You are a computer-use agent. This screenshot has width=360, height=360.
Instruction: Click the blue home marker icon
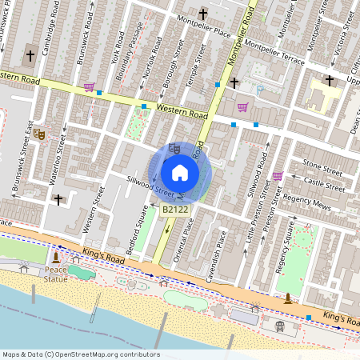pos(180,172)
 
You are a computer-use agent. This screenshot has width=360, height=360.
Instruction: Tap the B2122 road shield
pos(176,210)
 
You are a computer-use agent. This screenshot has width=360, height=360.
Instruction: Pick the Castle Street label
pos(324,185)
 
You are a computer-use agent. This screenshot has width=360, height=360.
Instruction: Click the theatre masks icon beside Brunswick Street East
pos(38,134)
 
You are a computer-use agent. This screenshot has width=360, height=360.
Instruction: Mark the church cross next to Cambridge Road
pos(30,56)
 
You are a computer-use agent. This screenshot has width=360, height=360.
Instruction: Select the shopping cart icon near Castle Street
pos(278,176)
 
